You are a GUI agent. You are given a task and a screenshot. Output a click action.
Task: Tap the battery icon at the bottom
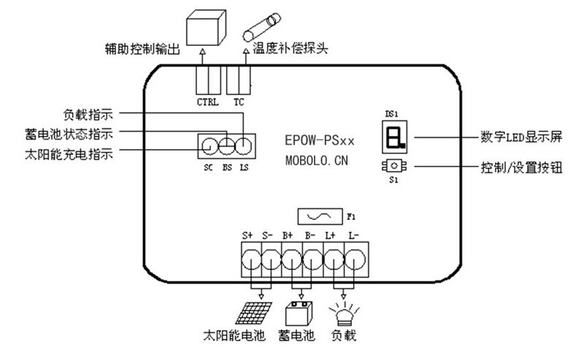tap(297, 315)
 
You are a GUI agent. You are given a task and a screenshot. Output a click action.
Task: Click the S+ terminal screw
tap(250, 258)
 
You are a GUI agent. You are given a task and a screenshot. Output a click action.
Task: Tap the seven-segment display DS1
tap(393, 137)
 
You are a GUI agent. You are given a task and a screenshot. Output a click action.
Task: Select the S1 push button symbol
tap(393, 166)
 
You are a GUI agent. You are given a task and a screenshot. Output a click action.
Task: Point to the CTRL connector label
tap(208, 102)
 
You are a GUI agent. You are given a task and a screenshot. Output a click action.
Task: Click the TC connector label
tap(239, 102)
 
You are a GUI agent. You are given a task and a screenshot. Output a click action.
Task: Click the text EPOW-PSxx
tap(320, 138)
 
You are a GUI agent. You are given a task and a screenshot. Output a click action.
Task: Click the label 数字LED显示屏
tap(519, 137)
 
